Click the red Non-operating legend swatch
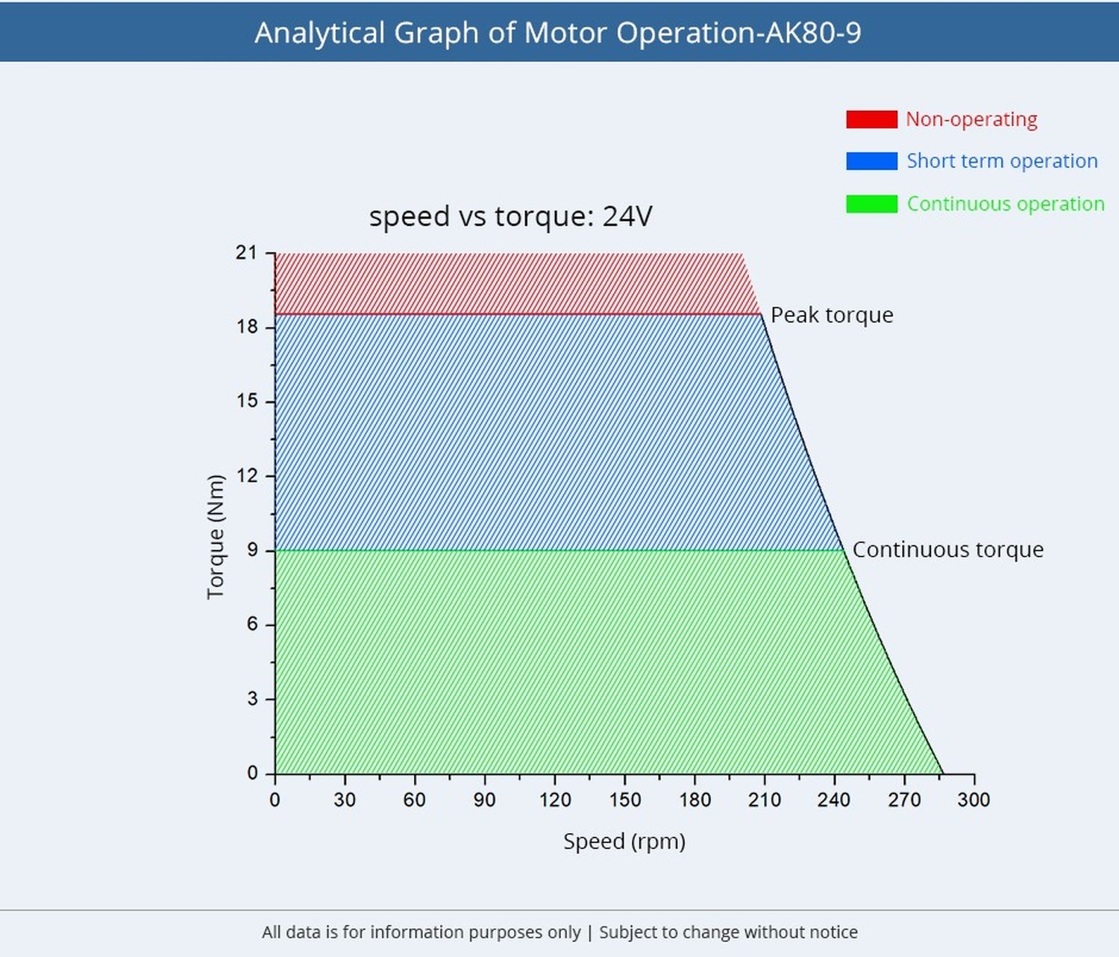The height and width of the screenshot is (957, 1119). pyautogui.click(x=871, y=119)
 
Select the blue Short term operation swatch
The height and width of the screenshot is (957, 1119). pyautogui.click(x=871, y=161)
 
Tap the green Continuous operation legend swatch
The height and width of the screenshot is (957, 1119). pyautogui.click(x=871, y=204)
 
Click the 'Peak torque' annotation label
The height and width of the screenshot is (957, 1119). pyautogui.click(x=832, y=315)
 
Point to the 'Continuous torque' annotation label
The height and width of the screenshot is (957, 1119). pyautogui.click(x=947, y=550)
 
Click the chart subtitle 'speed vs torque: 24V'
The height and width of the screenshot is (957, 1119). pyautogui.click(x=510, y=216)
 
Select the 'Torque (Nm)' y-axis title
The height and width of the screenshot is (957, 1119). pyautogui.click(x=216, y=536)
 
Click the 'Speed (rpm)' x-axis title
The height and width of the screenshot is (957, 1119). pyautogui.click(x=624, y=841)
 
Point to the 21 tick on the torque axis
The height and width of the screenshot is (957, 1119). pyautogui.click(x=246, y=253)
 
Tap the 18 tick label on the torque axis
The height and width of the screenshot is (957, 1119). pyautogui.click(x=246, y=327)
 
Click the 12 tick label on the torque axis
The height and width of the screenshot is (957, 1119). pyautogui.click(x=246, y=475)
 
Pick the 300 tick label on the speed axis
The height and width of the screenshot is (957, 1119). pyautogui.click(x=974, y=800)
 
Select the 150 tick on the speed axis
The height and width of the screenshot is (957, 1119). pyautogui.click(x=624, y=800)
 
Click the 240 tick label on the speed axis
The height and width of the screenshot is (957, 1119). pyautogui.click(x=833, y=800)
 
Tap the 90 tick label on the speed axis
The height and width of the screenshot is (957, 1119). pyautogui.click(x=484, y=800)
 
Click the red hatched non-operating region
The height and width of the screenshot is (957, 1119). pyautogui.click(x=507, y=283)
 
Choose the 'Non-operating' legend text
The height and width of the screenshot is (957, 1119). pyautogui.click(x=971, y=119)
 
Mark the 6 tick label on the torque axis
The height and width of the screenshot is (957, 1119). pyautogui.click(x=252, y=624)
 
